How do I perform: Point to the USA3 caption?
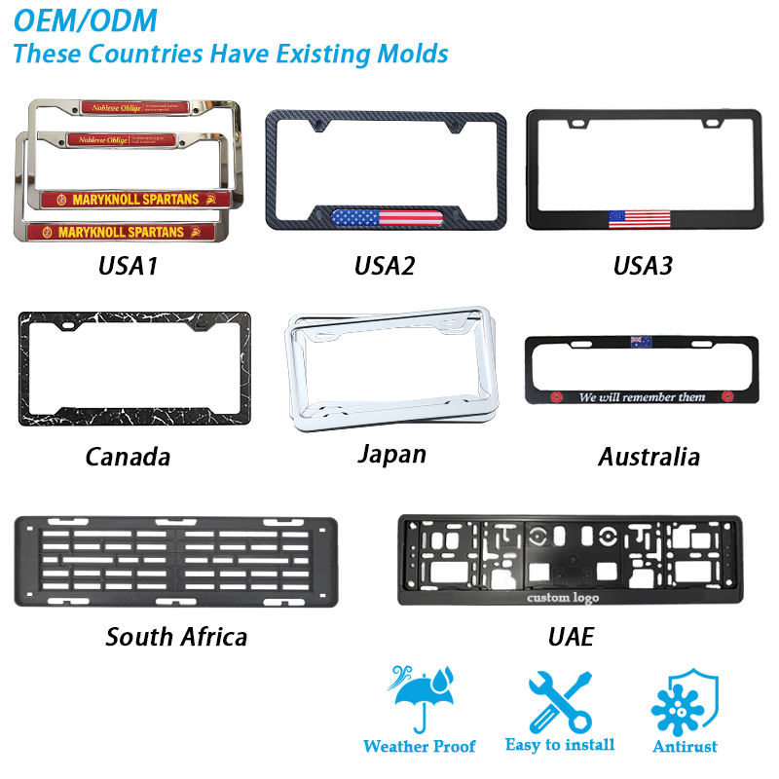point(642,264)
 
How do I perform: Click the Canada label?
point(128,456)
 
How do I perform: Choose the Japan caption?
point(390,454)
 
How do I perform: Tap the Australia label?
point(649,456)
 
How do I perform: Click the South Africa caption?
point(176,637)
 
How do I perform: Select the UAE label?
point(571,637)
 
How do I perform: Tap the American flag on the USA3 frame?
point(640,218)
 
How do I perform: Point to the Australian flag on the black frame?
point(640,342)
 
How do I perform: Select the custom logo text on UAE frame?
point(563,596)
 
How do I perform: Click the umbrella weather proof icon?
point(419,697)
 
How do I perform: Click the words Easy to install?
point(560,745)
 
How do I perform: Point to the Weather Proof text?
point(420,747)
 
